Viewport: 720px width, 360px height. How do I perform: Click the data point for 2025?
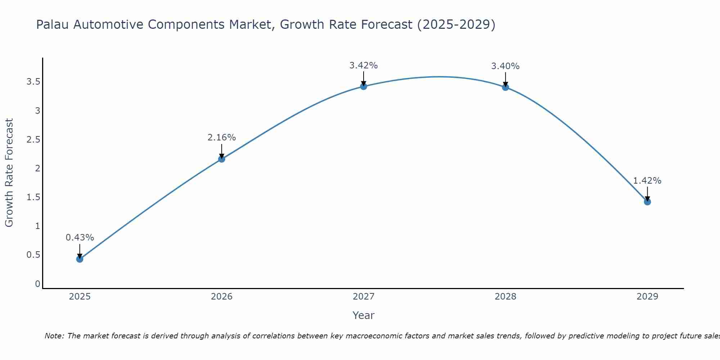point(80,259)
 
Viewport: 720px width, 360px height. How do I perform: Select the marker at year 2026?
point(221,159)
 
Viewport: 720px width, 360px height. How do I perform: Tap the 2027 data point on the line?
point(363,86)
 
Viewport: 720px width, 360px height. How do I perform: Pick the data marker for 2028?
point(505,87)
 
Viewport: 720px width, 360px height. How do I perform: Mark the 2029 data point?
point(647,202)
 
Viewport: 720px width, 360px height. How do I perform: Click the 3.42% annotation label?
point(363,66)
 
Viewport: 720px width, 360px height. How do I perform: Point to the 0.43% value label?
point(80,238)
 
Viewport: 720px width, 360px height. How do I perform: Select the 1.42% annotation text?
point(647,181)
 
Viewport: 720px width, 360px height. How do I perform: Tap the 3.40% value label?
point(505,66)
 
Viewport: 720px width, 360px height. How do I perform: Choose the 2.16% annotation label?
point(221,138)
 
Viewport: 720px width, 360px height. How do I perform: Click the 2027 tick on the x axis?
point(363,297)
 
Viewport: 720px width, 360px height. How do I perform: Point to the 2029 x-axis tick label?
point(647,297)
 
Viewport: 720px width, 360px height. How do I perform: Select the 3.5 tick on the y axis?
point(33,82)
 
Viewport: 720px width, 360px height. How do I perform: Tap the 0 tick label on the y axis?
point(37,284)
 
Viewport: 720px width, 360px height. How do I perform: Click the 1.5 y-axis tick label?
point(33,197)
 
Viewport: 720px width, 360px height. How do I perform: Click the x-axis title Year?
point(363,315)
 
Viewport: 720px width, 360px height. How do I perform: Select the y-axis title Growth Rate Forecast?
point(9,173)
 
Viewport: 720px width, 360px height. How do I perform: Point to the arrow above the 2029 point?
point(647,194)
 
